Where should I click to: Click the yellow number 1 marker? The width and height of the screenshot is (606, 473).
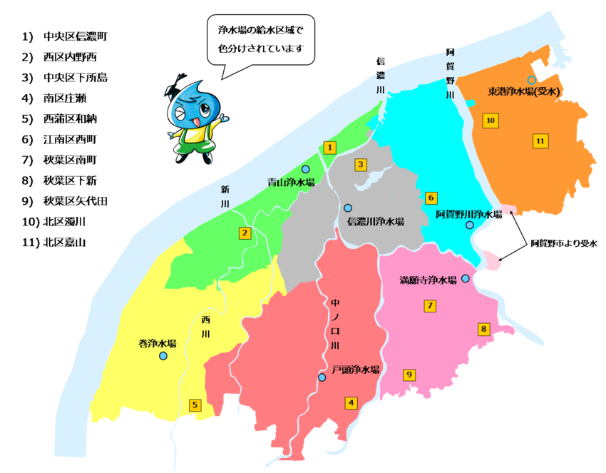pyautogui.click(x=329, y=148)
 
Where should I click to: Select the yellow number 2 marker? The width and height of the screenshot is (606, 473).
pyautogui.click(x=245, y=233)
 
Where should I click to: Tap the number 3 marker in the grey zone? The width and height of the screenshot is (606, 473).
pyautogui.click(x=361, y=165)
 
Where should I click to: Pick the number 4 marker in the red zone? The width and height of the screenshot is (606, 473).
pyautogui.click(x=351, y=402)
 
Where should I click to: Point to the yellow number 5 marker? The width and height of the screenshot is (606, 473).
pyautogui.click(x=195, y=405)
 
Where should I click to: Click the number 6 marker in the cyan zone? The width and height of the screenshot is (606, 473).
pyautogui.click(x=431, y=198)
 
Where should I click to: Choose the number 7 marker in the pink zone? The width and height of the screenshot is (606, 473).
pyautogui.click(x=430, y=306)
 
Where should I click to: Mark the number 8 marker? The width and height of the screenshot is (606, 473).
pyautogui.click(x=484, y=329)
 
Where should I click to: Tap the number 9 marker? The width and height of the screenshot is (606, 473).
pyautogui.click(x=409, y=375)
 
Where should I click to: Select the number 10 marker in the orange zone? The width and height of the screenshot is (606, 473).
pyautogui.click(x=490, y=120)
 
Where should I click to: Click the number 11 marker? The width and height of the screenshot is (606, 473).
pyautogui.click(x=540, y=141)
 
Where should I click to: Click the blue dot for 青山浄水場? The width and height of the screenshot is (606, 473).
pyautogui.click(x=305, y=169)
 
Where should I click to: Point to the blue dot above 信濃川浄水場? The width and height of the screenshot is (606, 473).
pyautogui.click(x=348, y=208)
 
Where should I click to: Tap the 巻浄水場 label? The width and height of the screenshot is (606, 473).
pyautogui.click(x=157, y=343)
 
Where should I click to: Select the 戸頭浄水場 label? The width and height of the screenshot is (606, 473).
pyautogui.click(x=356, y=370)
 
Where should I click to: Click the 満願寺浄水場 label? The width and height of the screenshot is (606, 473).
pyautogui.click(x=428, y=280)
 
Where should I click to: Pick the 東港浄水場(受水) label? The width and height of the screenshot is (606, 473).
pyautogui.click(x=526, y=91)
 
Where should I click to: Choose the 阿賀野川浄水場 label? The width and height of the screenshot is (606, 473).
pyautogui.click(x=470, y=214)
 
